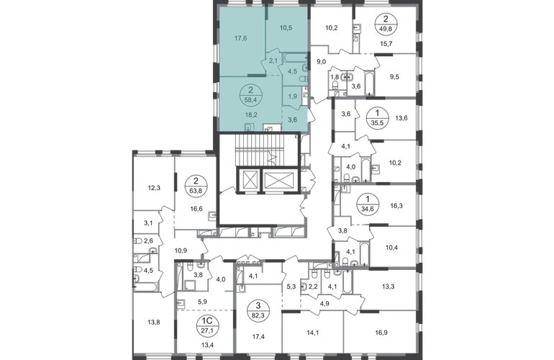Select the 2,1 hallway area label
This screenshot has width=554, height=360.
click(x=272, y=60)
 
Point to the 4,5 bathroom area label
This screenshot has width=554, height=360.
click(x=292, y=71)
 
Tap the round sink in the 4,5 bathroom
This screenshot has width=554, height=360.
click(x=305, y=81)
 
